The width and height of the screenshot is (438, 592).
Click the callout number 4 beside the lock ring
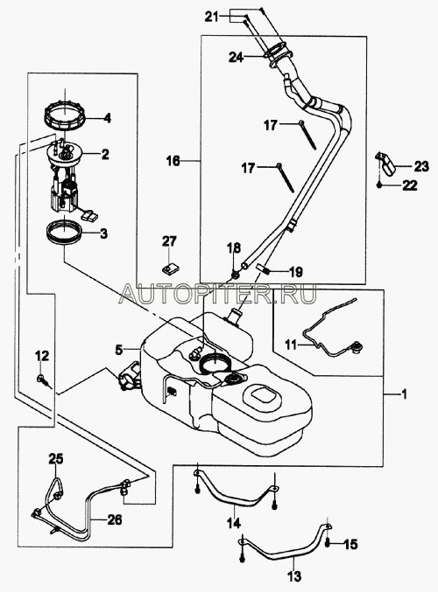(108, 118)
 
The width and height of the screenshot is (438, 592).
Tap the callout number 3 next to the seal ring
(103, 233)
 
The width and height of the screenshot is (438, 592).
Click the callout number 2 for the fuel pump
(104, 154)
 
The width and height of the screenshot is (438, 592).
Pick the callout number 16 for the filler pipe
(173, 161)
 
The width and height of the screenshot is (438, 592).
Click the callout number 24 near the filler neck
(236, 58)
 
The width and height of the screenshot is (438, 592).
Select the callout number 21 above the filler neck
(212, 17)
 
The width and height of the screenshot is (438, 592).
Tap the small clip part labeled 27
(169, 269)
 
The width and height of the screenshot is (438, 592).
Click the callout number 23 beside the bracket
(421, 166)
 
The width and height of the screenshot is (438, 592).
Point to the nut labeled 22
(380, 185)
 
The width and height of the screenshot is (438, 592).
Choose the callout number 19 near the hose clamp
(296, 271)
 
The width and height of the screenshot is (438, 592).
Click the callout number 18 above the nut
(234, 248)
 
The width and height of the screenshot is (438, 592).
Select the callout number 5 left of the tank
(119, 350)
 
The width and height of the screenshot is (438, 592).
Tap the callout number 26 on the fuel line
(114, 520)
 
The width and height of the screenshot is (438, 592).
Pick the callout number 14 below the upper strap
(233, 523)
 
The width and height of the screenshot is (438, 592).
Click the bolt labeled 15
(328, 544)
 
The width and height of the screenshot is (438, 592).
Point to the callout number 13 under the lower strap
(294, 576)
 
